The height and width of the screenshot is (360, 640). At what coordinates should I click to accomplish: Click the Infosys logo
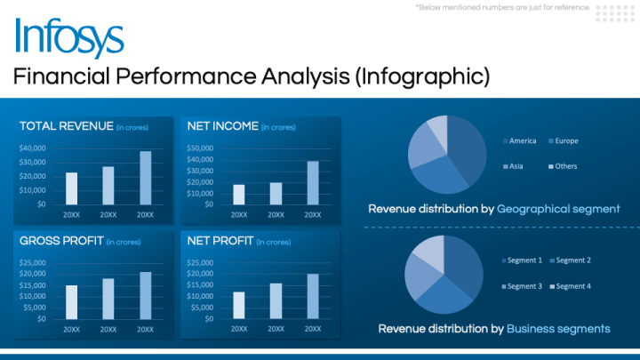tap(69, 37)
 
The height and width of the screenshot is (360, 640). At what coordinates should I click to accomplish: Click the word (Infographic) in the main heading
tap(422, 76)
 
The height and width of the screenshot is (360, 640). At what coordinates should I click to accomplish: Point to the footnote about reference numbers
tap(503, 8)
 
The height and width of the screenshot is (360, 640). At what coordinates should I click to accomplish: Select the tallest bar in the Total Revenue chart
tap(145, 177)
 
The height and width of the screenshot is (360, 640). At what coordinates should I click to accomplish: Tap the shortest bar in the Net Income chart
tap(239, 194)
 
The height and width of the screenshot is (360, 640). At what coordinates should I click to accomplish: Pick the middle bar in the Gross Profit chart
tap(108, 298)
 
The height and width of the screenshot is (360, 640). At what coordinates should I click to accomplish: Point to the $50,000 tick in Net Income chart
tap(200, 148)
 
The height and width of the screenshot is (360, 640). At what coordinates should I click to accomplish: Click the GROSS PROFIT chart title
tap(61, 240)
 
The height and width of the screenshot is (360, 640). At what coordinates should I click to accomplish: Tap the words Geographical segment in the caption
tap(558, 209)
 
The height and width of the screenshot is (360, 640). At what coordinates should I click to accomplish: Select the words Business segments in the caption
tap(558, 329)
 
